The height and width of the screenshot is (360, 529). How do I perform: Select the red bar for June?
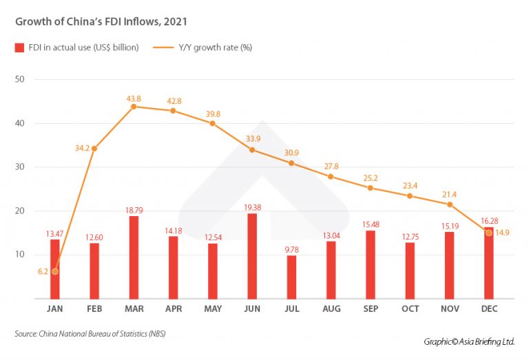pyautogui.click(x=251, y=255)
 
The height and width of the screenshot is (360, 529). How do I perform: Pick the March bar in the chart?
pyautogui.click(x=134, y=257)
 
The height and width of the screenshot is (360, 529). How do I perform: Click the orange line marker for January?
pyautogui.click(x=55, y=271)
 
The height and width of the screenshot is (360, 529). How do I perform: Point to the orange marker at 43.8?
pyautogui.click(x=134, y=107)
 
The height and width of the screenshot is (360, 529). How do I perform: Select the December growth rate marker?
pyautogui.click(x=489, y=233)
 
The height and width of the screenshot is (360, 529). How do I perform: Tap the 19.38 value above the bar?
pyautogui.click(x=251, y=207)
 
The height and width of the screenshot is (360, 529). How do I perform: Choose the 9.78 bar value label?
pyautogui.click(x=291, y=250)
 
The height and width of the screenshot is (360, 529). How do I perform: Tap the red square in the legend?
pyautogui.click(x=19, y=47)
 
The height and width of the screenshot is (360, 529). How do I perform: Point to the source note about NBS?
pyautogui.click(x=90, y=334)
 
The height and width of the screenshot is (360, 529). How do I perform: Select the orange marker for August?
pyautogui.click(x=331, y=177)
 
